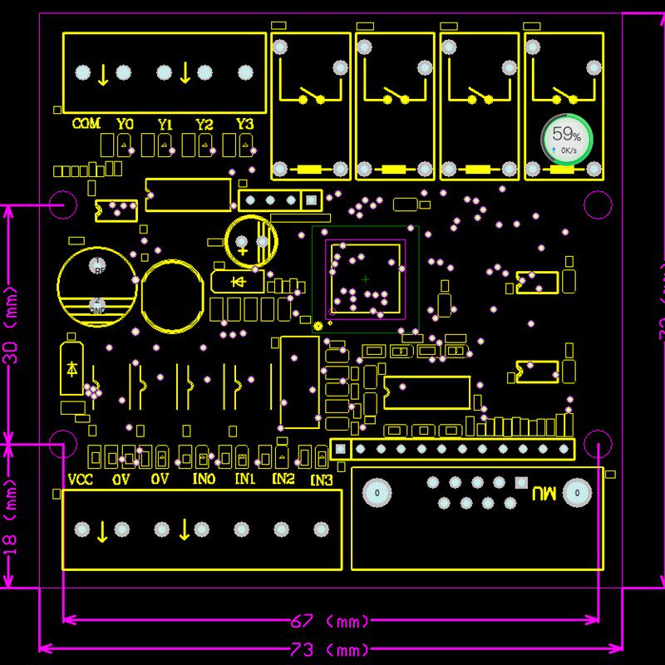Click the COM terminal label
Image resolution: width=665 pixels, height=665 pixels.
point(86,124)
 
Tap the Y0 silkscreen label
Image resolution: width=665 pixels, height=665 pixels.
point(125,124)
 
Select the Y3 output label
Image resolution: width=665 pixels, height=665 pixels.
point(244,124)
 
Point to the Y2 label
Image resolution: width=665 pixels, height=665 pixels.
point(204,124)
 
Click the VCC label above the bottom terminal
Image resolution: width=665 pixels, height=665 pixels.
point(80,480)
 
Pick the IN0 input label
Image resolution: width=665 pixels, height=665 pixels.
point(204,480)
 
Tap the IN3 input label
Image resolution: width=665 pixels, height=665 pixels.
point(322,480)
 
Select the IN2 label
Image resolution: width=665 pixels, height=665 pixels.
point(283,480)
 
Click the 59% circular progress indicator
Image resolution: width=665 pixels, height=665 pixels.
point(567,139)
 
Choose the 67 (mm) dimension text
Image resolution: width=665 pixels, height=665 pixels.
point(330,621)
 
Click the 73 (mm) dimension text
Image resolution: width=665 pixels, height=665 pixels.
point(330,649)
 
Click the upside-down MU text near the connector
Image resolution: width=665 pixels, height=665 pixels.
point(544,493)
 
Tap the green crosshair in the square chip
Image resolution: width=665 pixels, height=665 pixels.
point(365,279)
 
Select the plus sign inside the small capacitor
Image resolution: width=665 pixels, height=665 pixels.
point(242,249)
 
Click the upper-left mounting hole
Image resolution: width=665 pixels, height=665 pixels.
point(61,204)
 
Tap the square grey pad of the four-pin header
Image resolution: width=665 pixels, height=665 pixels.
point(311,199)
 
